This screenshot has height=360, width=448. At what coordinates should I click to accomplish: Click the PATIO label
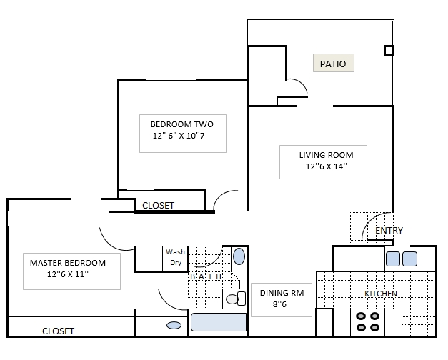(x=333, y=64)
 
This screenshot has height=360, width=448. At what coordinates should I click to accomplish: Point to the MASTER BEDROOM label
(x=68, y=262)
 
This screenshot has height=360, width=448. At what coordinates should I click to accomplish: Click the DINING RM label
(x=281, y=293)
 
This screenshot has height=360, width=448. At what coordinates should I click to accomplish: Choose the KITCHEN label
(x=381, y=294)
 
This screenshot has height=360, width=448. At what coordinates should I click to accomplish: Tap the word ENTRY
(x=389, y=230)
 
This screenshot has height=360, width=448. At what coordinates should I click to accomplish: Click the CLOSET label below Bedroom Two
(x=158, y=205)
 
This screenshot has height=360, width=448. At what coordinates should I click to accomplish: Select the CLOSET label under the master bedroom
(x=58, y=331)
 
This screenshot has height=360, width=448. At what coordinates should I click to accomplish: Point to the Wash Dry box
(x=175, y=257)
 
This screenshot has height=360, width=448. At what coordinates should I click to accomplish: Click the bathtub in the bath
(x=219, y=321)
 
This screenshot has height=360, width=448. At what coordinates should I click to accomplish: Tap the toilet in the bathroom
(x=232, y=298)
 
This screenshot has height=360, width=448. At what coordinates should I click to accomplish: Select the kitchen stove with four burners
(x=367, y=321)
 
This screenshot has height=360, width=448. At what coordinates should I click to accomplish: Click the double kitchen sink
(x=401, y=259)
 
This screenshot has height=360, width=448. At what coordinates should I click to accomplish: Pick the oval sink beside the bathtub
(x=174, y=326)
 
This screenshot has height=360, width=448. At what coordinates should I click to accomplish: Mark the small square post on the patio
(x=388, y=50)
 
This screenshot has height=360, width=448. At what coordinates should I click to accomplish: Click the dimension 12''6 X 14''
(x=326, y=167)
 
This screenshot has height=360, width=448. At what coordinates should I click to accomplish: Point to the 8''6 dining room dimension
(x=281, y=305)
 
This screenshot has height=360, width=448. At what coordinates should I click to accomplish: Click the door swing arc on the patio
(x=298, y=86)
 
